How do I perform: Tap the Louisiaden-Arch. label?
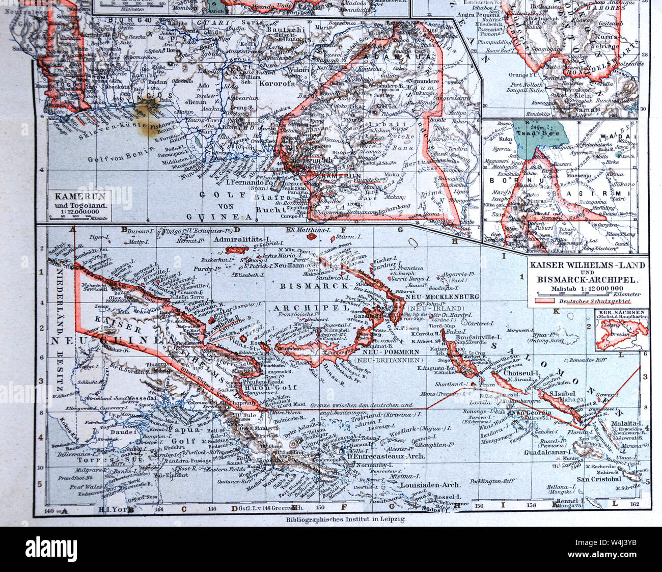point(430,485)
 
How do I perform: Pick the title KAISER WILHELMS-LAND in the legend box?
point(587,265)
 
